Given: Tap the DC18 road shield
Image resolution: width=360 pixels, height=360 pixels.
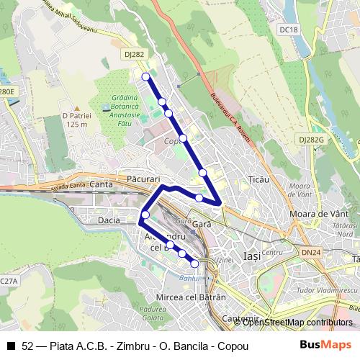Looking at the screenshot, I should pos(288,30).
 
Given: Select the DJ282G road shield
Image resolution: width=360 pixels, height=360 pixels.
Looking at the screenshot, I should pos(311,140).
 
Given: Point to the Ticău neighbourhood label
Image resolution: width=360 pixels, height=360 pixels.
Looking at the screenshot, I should pos(257,179).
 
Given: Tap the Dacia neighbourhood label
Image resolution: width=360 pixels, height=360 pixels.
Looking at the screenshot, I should pos(109,220).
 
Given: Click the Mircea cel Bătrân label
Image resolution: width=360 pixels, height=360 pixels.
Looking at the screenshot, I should pos(181,297).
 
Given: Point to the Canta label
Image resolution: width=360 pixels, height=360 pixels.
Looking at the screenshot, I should pos(103,185).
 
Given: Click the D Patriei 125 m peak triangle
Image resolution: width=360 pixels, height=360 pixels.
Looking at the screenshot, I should pos(77,107).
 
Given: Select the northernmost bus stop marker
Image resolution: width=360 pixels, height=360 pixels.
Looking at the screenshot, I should pos(145,76).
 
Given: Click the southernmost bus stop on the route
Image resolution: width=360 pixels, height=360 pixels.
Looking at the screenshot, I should pos(194,264).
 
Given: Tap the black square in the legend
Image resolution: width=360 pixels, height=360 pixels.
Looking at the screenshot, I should pos(10,346).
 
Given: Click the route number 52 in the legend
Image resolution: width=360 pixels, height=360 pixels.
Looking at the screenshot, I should pos(27,346).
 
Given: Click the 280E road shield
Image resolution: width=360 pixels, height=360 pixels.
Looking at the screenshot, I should pos(6,92).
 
